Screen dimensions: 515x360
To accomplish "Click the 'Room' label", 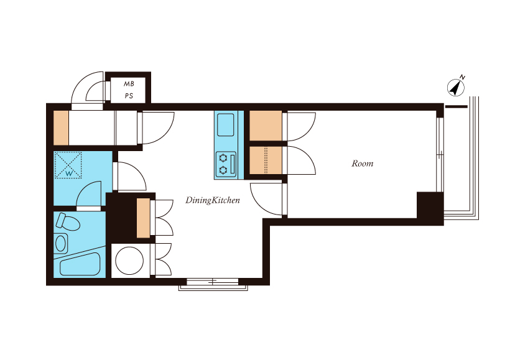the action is (362, 164).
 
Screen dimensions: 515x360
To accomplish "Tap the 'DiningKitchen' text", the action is (213, 200).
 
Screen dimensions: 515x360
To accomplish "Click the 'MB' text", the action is (129, 84).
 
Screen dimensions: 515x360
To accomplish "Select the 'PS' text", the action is (129, 96).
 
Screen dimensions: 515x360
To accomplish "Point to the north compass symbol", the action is (456, 88).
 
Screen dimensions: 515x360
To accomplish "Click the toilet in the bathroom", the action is (68, 222).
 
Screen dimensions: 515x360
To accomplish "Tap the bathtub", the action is (80, 264).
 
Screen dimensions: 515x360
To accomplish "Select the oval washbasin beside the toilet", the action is (61, 243).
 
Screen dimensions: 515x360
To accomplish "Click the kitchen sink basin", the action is (226, 124).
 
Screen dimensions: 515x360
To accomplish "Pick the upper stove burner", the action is (223, 159).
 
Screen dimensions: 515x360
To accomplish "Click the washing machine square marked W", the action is (68, 165).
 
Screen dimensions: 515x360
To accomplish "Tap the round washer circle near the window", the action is (129, 261).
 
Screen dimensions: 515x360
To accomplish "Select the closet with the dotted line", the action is (266, 160).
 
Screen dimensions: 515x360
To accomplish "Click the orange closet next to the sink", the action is (266, 126).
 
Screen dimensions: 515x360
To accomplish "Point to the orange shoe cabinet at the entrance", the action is (61, 128).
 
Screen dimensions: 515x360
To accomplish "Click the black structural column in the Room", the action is (430, 205).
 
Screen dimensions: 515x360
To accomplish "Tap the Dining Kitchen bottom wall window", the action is (213, 282).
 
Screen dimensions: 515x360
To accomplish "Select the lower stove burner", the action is (223, 170).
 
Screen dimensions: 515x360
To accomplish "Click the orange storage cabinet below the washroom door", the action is (143, 218).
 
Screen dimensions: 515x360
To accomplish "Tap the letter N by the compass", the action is (463, 78).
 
